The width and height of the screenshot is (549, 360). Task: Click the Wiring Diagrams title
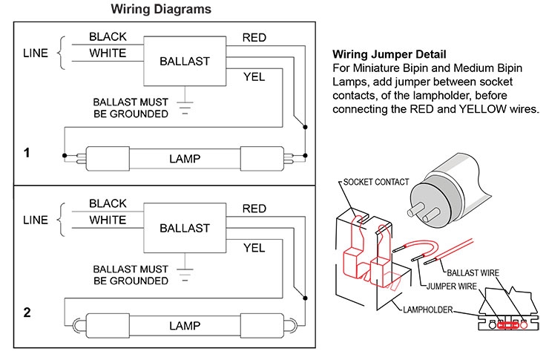[160, 10]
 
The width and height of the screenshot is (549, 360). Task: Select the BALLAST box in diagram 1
[185, 61]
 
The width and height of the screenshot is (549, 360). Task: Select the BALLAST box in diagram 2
[185, 227]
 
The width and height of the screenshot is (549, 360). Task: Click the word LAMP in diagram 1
[185, 158]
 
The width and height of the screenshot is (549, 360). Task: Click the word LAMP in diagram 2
[185, 325]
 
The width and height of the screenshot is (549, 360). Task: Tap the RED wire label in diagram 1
[254, 38]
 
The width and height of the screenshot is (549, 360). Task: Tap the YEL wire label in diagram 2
[254, 247]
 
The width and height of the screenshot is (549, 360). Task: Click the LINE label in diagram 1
[35, 53]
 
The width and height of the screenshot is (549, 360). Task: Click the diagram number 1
[27, 153]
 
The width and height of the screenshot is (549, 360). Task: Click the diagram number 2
[27, 312]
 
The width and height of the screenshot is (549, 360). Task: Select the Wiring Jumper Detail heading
[389, 55]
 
